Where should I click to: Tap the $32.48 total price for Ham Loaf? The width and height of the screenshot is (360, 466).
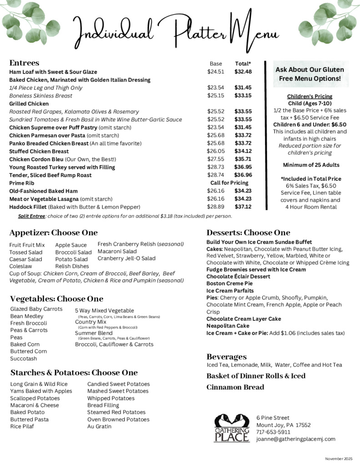pyautogui.click(x=243, y=71)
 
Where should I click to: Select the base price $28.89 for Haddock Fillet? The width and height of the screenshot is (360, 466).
pyautogui.click(x=216, y=207)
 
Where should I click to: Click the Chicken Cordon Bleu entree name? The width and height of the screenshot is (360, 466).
pyautogui.click(x=39, y=159)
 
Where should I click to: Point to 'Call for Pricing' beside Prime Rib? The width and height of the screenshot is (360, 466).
pyautogui.click(x=229, y=183)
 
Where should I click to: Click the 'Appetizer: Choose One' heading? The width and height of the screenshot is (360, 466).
pyautogui.click(x=54, y=233)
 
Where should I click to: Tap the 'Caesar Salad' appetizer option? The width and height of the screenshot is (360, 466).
pyautogui.click(x=25, y=259)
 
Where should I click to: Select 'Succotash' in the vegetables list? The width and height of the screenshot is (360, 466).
pyautogui.click(x=23, y=359)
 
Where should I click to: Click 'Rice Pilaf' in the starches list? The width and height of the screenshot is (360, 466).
pyautogui.click(x=23, y=426)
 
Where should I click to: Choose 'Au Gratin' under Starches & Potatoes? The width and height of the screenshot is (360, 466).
pyautogui.click(x=99, y=426)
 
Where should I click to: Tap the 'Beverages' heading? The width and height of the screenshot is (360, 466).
pyautogui.click(x=226, y=356)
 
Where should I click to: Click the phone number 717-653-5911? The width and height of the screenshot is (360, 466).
pyautogui.click(x=273, y=432)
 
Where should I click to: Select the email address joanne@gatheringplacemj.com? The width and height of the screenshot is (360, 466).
pyautogui.click(x=295, y=439)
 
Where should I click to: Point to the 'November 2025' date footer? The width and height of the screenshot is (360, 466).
pyautogui.click(x=339, y=458)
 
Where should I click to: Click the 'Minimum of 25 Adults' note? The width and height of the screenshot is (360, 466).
pyautogui.click(x=311, y=165)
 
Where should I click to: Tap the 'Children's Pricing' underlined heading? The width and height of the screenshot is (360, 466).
pyautogui.click(x=309, y=96)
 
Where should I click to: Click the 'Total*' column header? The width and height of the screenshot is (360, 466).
pyautogui.click(x=243, y=64)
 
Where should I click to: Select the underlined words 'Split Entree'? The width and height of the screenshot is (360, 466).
pyautogui.click(x=31, y=216)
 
